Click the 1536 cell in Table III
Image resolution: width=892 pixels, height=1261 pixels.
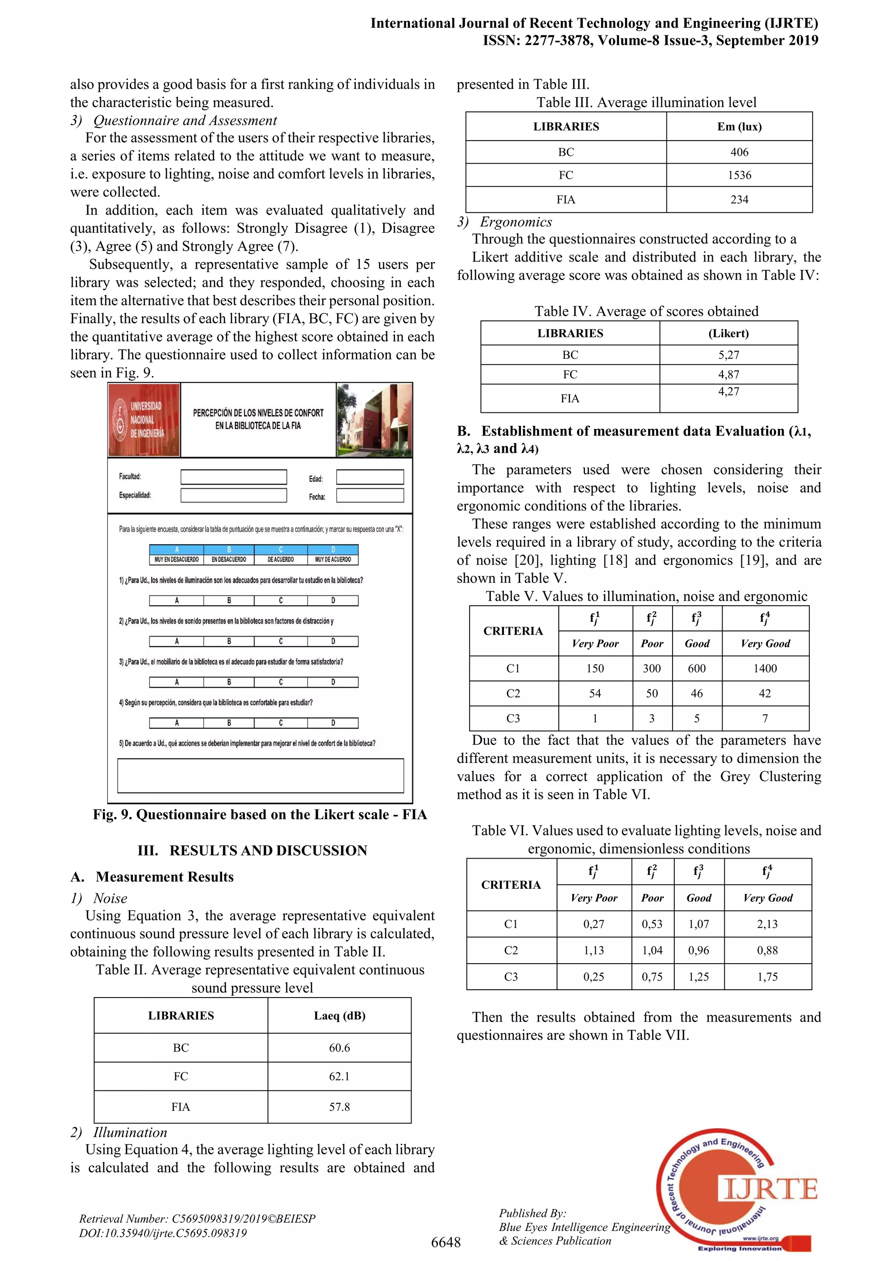tap(739, 175)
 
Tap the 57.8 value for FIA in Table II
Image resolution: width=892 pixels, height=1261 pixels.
tap(339, 1107)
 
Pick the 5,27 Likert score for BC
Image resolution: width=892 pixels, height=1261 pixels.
tap(728, 355)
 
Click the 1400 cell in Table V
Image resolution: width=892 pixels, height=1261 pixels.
tap(765, 668)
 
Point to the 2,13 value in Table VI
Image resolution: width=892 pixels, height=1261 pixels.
tap(767, 924)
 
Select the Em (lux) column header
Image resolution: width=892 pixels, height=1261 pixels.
tap(739, 127)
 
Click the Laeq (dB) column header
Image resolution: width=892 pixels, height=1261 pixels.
tap(339, 1015)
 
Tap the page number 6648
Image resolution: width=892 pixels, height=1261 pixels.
tap(446, 1242)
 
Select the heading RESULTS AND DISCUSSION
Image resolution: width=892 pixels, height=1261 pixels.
tap(268, 850)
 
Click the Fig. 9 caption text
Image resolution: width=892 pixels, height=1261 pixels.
tap(260, 815)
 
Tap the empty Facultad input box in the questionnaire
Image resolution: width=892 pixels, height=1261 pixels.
tap(233, 477)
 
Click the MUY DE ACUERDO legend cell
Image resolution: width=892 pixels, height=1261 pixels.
tap(333, 560)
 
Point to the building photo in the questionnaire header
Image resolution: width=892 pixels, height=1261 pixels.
tap(374, 420)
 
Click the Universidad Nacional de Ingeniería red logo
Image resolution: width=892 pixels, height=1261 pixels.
tap(144, 420)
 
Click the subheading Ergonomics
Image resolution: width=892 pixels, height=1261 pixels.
tap(515, 222)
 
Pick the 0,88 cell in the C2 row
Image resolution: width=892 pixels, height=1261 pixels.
tap(767, 950)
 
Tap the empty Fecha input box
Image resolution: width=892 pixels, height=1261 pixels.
tap(370, 496)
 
